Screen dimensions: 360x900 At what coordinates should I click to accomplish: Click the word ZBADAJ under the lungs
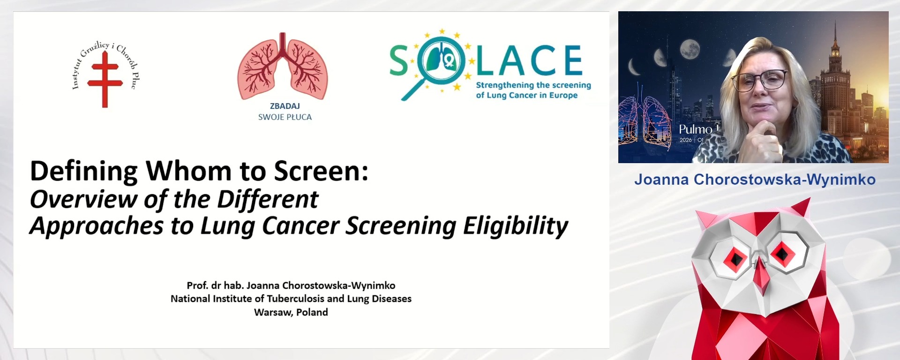(285, 106)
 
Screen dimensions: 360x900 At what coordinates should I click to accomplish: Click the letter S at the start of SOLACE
(399, 61)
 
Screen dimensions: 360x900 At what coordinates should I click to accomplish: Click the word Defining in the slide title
(84, 172)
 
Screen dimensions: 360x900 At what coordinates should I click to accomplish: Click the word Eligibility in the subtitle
(516, 226)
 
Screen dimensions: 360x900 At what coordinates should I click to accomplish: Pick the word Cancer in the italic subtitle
(300, 226)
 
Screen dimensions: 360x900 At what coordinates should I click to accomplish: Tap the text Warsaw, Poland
(291, 312)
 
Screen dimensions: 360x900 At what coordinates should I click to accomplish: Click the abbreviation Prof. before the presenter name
(197, 285)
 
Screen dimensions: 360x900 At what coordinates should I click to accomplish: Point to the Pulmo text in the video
(696, 129)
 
